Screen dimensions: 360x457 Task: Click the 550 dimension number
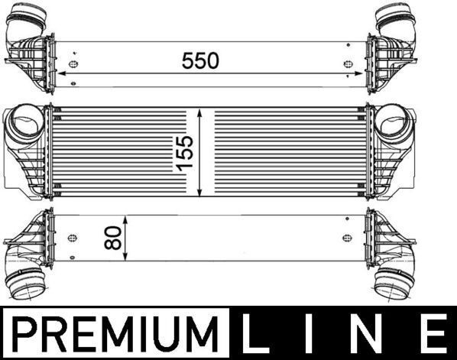200,60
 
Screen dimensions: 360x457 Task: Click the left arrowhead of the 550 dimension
61,74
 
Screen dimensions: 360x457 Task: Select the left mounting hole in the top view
73,64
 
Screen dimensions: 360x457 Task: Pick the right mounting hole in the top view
348,64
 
